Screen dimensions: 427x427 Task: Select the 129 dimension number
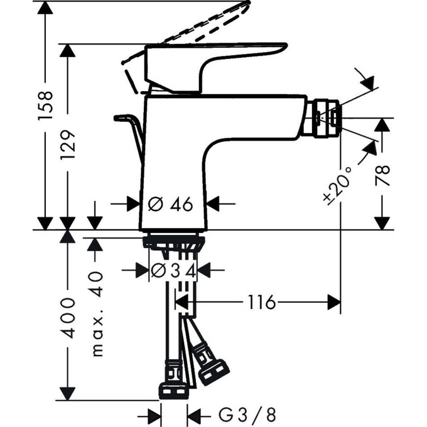68,144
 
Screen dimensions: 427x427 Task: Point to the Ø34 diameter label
174,271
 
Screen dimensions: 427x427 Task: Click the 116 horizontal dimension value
261,303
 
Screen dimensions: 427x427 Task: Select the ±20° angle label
336,186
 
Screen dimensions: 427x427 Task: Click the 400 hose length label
68,317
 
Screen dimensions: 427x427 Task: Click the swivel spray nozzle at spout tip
321,116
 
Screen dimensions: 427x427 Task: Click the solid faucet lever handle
213,63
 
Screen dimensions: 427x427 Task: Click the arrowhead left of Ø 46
132,203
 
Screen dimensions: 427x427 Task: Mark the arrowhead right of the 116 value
333,303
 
